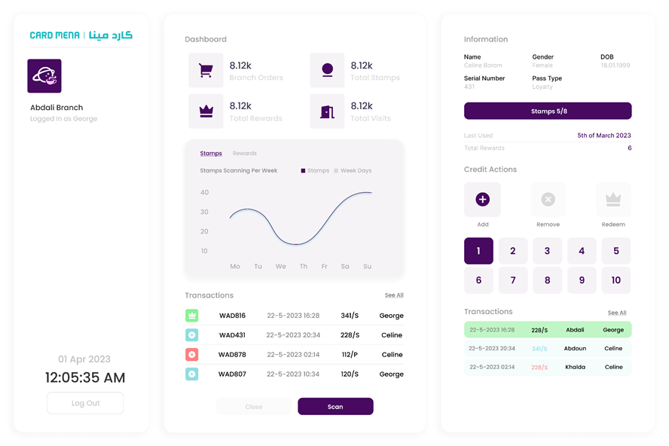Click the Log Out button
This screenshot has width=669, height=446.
pyautogui.click(x=85, y=403)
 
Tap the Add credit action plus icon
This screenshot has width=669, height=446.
pyautogui.click(x=482, y=200)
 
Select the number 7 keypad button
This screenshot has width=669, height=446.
pyautogui.click(x=513, y=280)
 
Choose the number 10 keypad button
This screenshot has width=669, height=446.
pyautogui.click(x=616, y=280)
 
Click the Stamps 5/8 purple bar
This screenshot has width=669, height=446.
pyautogui.click(x=548, y=111)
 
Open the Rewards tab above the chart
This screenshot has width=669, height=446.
pyautogui.click(x=245, y=154)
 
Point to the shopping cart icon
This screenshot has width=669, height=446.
pyautogui.click(x=206, y=71)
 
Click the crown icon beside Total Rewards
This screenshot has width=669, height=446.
pyautogui.click(x=206, y=111)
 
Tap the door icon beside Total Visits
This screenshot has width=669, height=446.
pyautogui.click(x=327, y=111)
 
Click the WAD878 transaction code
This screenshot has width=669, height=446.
pyautogui.click(x=232, y=355)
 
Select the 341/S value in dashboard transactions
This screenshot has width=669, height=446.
pyautogui.click(x=350, y=316)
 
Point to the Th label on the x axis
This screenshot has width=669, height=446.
pyautogui.click(x=304, y=267)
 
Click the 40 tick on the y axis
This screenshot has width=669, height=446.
pyautogui.click(x=204, y=193)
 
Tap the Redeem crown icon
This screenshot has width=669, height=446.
pyautogui.click(x=613, y=200)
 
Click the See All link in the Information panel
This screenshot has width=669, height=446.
pyautogui.click(x=617, y=313)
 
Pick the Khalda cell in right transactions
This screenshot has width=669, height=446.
pyautogui.click(x=575, y=367)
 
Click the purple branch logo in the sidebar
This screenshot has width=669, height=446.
pyautogui.click(x=44, y=76)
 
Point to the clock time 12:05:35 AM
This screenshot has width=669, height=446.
pyautogui.click(x=85, y=377)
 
